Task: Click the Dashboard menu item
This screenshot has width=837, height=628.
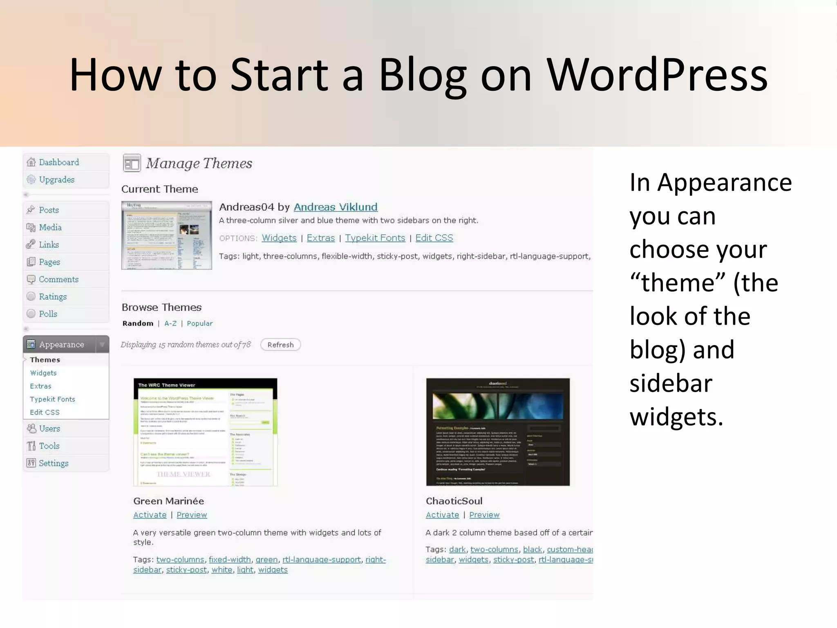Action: tap(58, 162)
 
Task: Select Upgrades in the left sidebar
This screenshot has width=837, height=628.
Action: tap(56, 179)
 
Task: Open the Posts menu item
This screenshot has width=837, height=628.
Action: tap(49, 210)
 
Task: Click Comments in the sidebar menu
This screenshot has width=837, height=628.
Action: tap(58, 279)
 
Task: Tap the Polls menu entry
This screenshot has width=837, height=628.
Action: tap(48, 314)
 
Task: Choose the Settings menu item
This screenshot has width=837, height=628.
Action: tap(53, 463)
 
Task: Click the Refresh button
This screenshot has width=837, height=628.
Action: tap(280, 345)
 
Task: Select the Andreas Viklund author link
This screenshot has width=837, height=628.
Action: tap(335, 207)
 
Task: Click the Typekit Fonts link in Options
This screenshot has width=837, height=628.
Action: tap(375, 238)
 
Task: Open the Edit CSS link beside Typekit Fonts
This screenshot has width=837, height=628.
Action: tap(434, 238)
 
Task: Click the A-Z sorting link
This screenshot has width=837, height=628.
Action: tap(170, 323)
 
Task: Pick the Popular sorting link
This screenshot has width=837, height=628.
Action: tap(199, 323)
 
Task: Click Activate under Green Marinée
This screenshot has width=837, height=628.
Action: tap(150, 515)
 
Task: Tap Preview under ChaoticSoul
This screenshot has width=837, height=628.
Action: tap(484, 515)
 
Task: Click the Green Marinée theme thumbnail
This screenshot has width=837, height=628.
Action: tap(205, 432)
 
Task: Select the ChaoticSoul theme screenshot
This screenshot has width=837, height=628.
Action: tap(497, 432)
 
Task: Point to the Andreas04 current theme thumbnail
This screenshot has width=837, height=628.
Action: tap(166, 235)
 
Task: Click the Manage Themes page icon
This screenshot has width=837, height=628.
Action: tap(132, 163)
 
